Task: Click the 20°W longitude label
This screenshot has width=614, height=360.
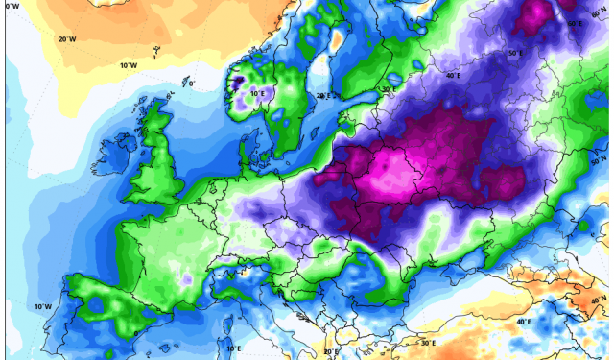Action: (67, 39)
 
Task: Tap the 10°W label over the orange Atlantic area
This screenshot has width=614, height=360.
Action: (128, 65)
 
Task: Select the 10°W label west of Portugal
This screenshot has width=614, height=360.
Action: (43, 306)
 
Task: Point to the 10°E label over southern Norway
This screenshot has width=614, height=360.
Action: (257, 93)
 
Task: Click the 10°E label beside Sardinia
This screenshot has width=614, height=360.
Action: (232, 348)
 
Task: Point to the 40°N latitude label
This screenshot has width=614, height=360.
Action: (600, 300)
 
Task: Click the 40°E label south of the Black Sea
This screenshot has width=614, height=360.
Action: (523, 322)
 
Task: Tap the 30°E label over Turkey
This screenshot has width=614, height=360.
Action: (427, 343)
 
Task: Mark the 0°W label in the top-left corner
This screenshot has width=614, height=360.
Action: (12, 7)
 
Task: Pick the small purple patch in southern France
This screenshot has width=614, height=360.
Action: (184, 280)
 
